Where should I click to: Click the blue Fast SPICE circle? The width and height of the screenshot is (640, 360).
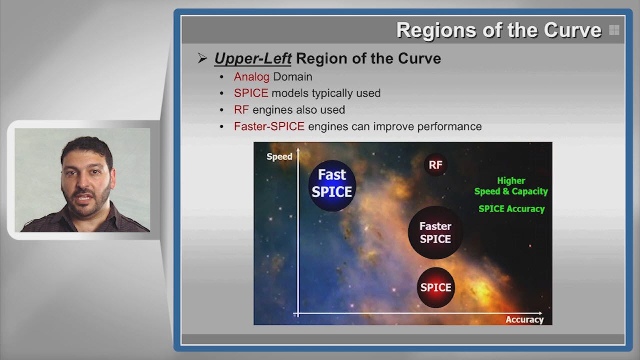(x=332, y=185)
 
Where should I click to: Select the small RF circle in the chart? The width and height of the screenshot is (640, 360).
(x=435, y=165)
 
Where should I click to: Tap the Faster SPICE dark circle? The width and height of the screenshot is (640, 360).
(x=435, y=232)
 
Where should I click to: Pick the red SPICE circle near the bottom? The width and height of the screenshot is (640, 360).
(x=435, y=287)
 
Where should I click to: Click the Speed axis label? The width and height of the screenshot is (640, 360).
(x=279, y=156)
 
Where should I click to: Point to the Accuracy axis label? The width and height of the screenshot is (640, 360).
(x=524, y=319)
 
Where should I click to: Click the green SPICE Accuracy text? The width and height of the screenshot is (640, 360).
(x=511, y=209)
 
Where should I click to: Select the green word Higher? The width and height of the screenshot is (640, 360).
(x=511, y=180)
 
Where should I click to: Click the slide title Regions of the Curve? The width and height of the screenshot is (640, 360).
(x=499, y=30)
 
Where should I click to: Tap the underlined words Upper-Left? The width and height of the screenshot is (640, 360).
(x=253, y=58)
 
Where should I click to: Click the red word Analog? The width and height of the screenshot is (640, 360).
(x=251, y=77)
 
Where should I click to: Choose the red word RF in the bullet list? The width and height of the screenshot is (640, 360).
(x=241, y=109)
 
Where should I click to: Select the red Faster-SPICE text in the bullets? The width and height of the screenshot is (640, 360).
(x=269, y=126)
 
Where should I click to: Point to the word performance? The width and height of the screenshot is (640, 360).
(x=449, y=126)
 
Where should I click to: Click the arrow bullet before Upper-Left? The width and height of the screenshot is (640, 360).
(x=202, y=58)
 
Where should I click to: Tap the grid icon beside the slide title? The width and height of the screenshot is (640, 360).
(x=614, y=30)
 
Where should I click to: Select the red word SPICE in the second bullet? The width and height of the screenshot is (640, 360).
(x=251, y=93)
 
